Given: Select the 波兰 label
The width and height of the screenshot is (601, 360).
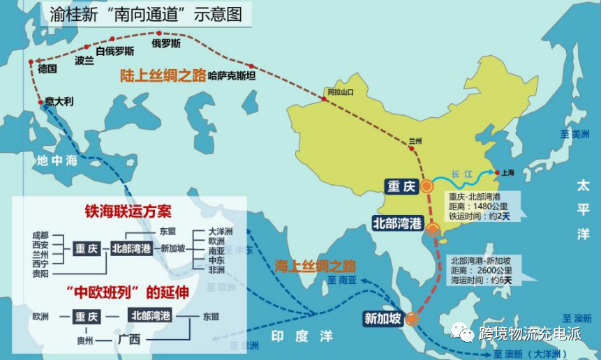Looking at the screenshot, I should [84, 61].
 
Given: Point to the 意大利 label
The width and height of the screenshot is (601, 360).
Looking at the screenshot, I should [59, 101].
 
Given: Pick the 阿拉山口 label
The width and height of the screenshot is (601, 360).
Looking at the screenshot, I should [341, 92].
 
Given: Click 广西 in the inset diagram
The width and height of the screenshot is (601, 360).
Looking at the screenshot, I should [129, 340].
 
